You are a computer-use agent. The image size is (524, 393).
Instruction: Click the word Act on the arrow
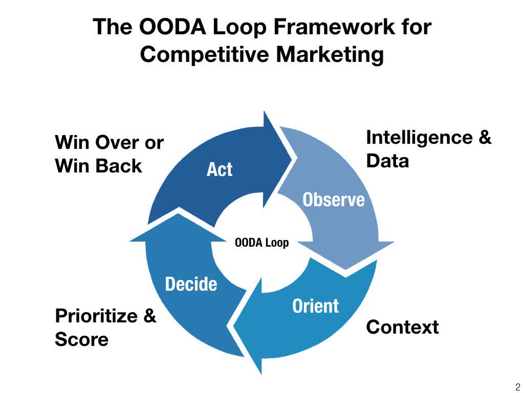pos(219,169)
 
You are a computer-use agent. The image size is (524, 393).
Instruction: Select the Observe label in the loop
pos(334,199)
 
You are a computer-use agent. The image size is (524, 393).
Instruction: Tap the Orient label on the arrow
pos(315,306)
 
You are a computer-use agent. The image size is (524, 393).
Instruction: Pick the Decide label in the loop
pos(191,284)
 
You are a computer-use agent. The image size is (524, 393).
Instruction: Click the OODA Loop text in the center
pos(261,243)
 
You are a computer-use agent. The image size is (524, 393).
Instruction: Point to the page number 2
pos(517,386)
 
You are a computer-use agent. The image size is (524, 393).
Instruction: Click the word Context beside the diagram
pos(402,327)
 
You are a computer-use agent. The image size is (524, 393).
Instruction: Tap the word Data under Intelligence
pos(387,161)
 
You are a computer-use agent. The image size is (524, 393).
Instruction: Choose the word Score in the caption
pos(81,339)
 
